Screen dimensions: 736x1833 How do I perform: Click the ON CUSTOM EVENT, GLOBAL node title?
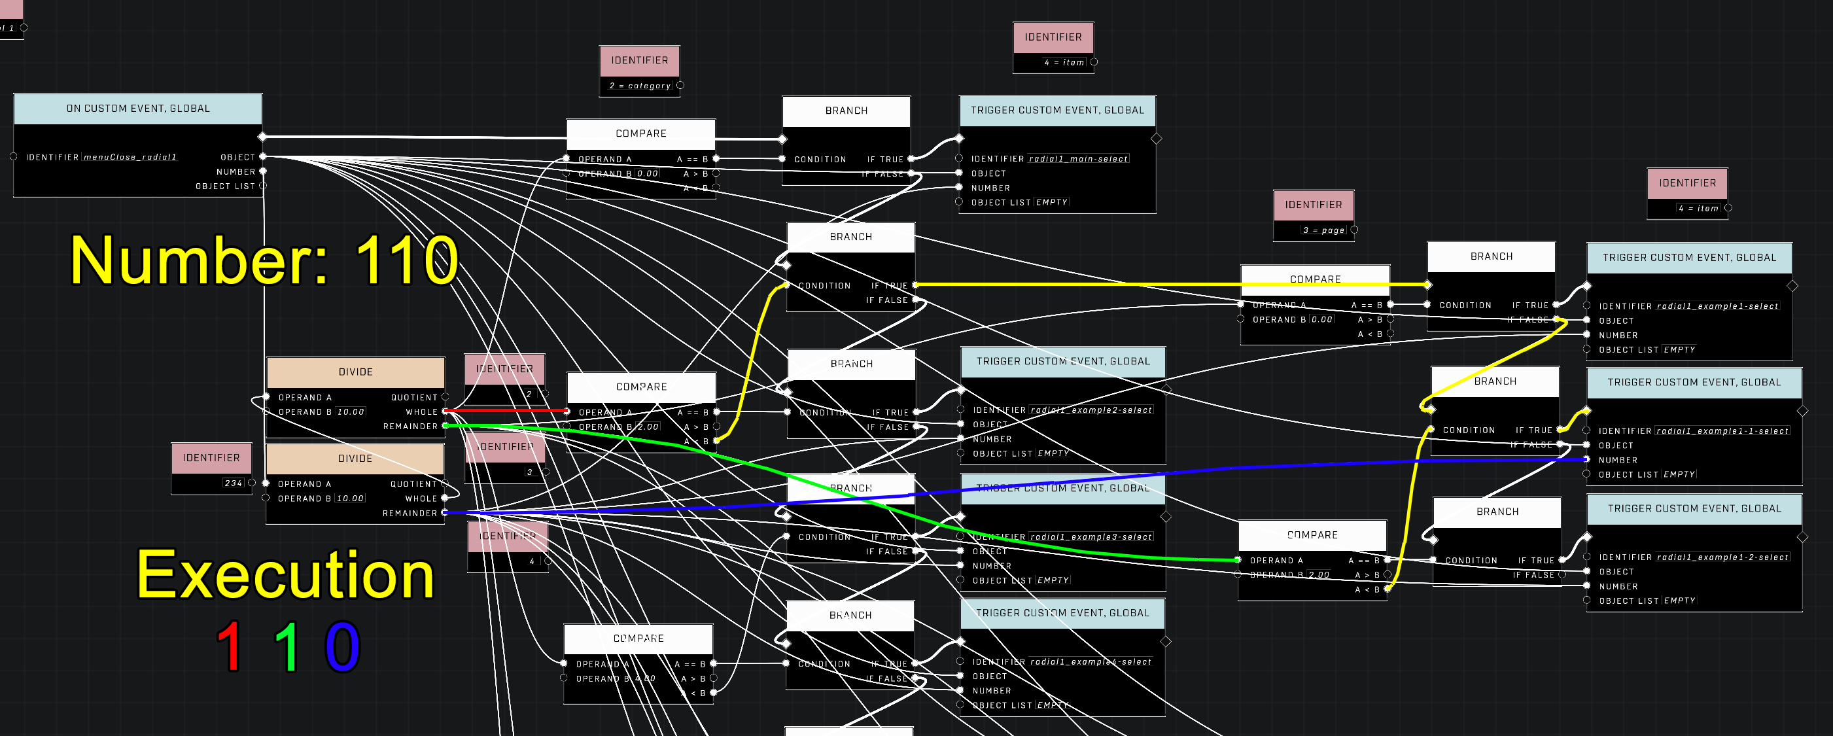click(138, 109)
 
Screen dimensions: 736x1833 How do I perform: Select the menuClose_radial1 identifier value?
click(130, 157)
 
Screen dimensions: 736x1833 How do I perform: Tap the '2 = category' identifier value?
click(640, 86)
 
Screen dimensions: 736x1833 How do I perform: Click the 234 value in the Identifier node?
click(234, 483)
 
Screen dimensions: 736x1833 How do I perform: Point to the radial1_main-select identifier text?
click(1078, 160)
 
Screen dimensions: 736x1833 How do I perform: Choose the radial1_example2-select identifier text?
click(1091, 411)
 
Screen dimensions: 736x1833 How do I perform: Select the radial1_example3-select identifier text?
click(1091, 537)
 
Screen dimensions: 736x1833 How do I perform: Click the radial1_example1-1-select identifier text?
click(1722, 431)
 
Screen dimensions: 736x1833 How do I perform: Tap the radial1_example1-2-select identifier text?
click(1722, 558)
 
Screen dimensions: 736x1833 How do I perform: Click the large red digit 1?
click(230, 646)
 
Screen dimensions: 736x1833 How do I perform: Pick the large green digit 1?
click(287, 646)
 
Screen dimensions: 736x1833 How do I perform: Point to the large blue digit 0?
click(342, 646)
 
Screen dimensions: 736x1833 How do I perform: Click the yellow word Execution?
click(285, 575)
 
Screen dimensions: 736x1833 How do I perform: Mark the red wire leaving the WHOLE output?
click(505, 411)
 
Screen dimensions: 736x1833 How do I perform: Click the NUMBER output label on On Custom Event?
click(236, 172)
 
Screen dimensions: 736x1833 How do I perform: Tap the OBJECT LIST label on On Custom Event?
click(225, 186)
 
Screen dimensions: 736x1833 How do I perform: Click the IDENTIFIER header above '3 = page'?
click(1313, 205)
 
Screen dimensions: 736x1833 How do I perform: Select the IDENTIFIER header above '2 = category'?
click(639, 60)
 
